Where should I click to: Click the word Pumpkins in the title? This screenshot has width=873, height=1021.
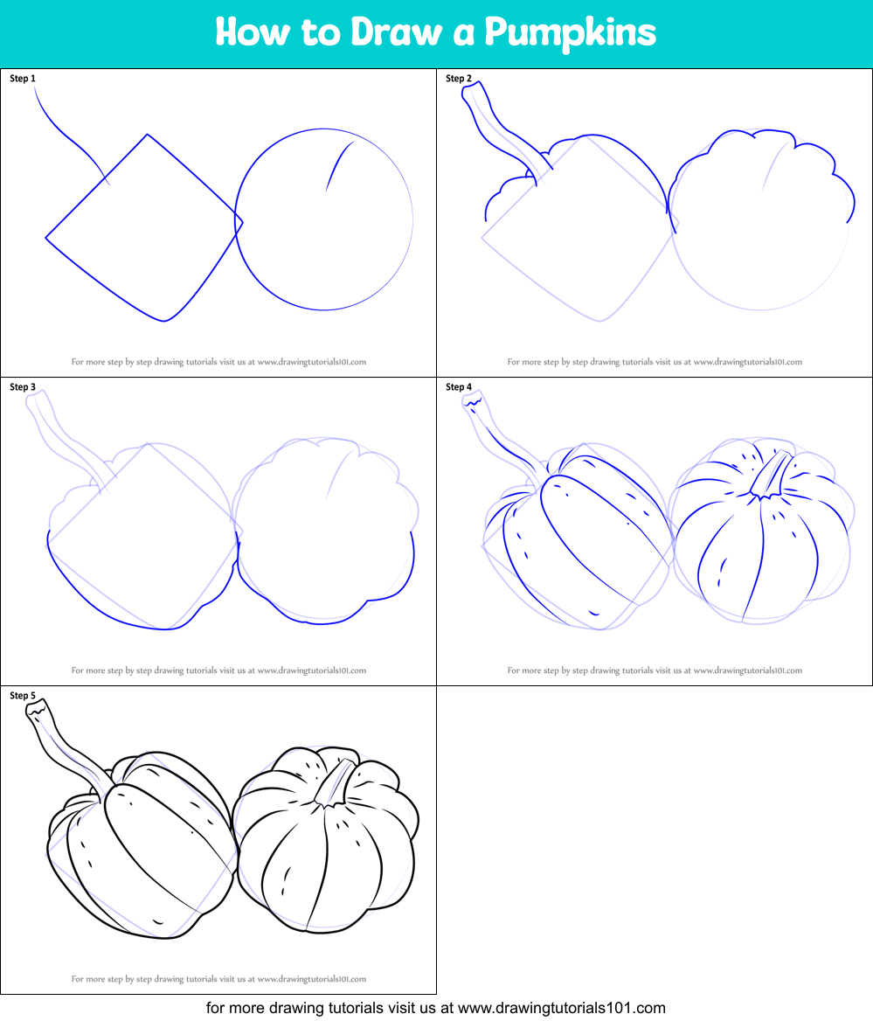570,33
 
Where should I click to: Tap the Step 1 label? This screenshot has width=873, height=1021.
23,79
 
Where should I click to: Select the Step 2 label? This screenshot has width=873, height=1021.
459,79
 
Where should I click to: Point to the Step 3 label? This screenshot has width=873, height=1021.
23,387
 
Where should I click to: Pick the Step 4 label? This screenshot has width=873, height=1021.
459,387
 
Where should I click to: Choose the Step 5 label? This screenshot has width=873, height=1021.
23,696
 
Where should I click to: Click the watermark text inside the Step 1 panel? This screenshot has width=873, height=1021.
218,361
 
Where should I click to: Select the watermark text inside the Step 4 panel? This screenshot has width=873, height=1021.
655,670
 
